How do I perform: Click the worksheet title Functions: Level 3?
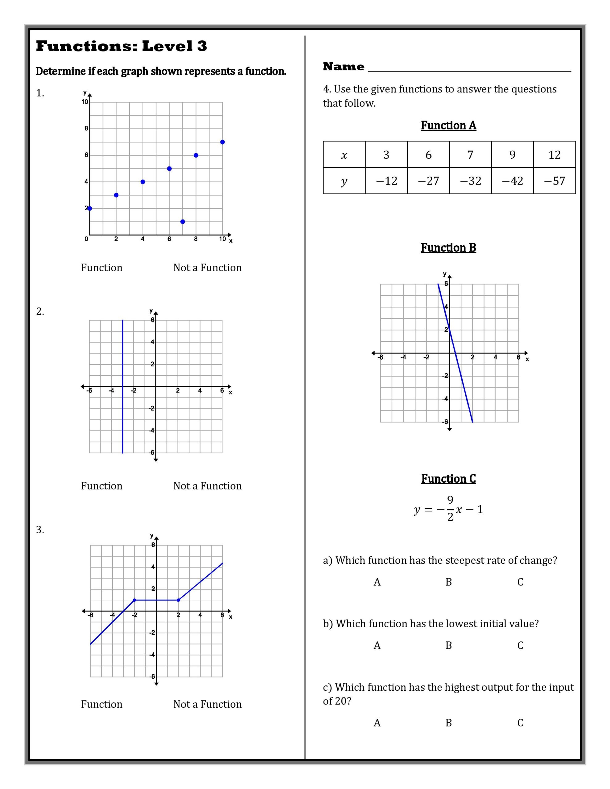(x=121, y=46)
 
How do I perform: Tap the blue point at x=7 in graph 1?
(x=183, y=222)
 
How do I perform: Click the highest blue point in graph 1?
(x=222, y=142)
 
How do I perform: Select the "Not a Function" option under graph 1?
(x=207, y=268)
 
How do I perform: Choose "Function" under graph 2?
(x=101, y=486)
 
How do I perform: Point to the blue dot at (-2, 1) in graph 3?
(x=134, y=600)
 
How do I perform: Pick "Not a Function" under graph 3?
(x=207, y=704)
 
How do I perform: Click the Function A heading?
(x=448, y=125)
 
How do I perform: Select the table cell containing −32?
(x=470, y=181)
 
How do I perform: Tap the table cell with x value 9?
(x=512, y=155)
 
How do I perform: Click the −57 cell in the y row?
(x=554, y=181)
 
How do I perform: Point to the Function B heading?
(x=448, y=247)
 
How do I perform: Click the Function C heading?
(x=448, y=479)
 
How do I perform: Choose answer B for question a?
(x=449, y=582)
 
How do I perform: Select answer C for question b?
(x=520, y=645)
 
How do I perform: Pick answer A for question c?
(x=377, y=723)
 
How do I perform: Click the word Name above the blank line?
(x=344, y=67)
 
